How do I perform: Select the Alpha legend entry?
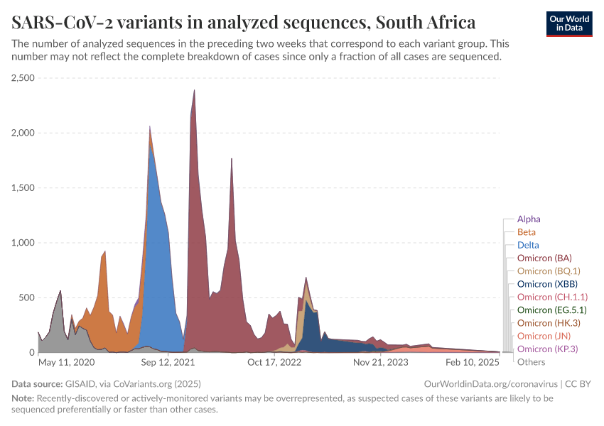coord(529,219)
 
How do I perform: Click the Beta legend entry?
coord(527,232)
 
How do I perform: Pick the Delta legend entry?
coord(527,245)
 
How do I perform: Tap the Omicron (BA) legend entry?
coord(544,258)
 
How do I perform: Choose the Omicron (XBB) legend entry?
coord(546,284)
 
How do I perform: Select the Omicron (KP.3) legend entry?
coord(546,349)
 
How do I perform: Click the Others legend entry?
coord(532,362)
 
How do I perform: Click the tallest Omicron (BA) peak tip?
coord(194,90)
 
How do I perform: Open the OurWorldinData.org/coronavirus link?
coord(490,384)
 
